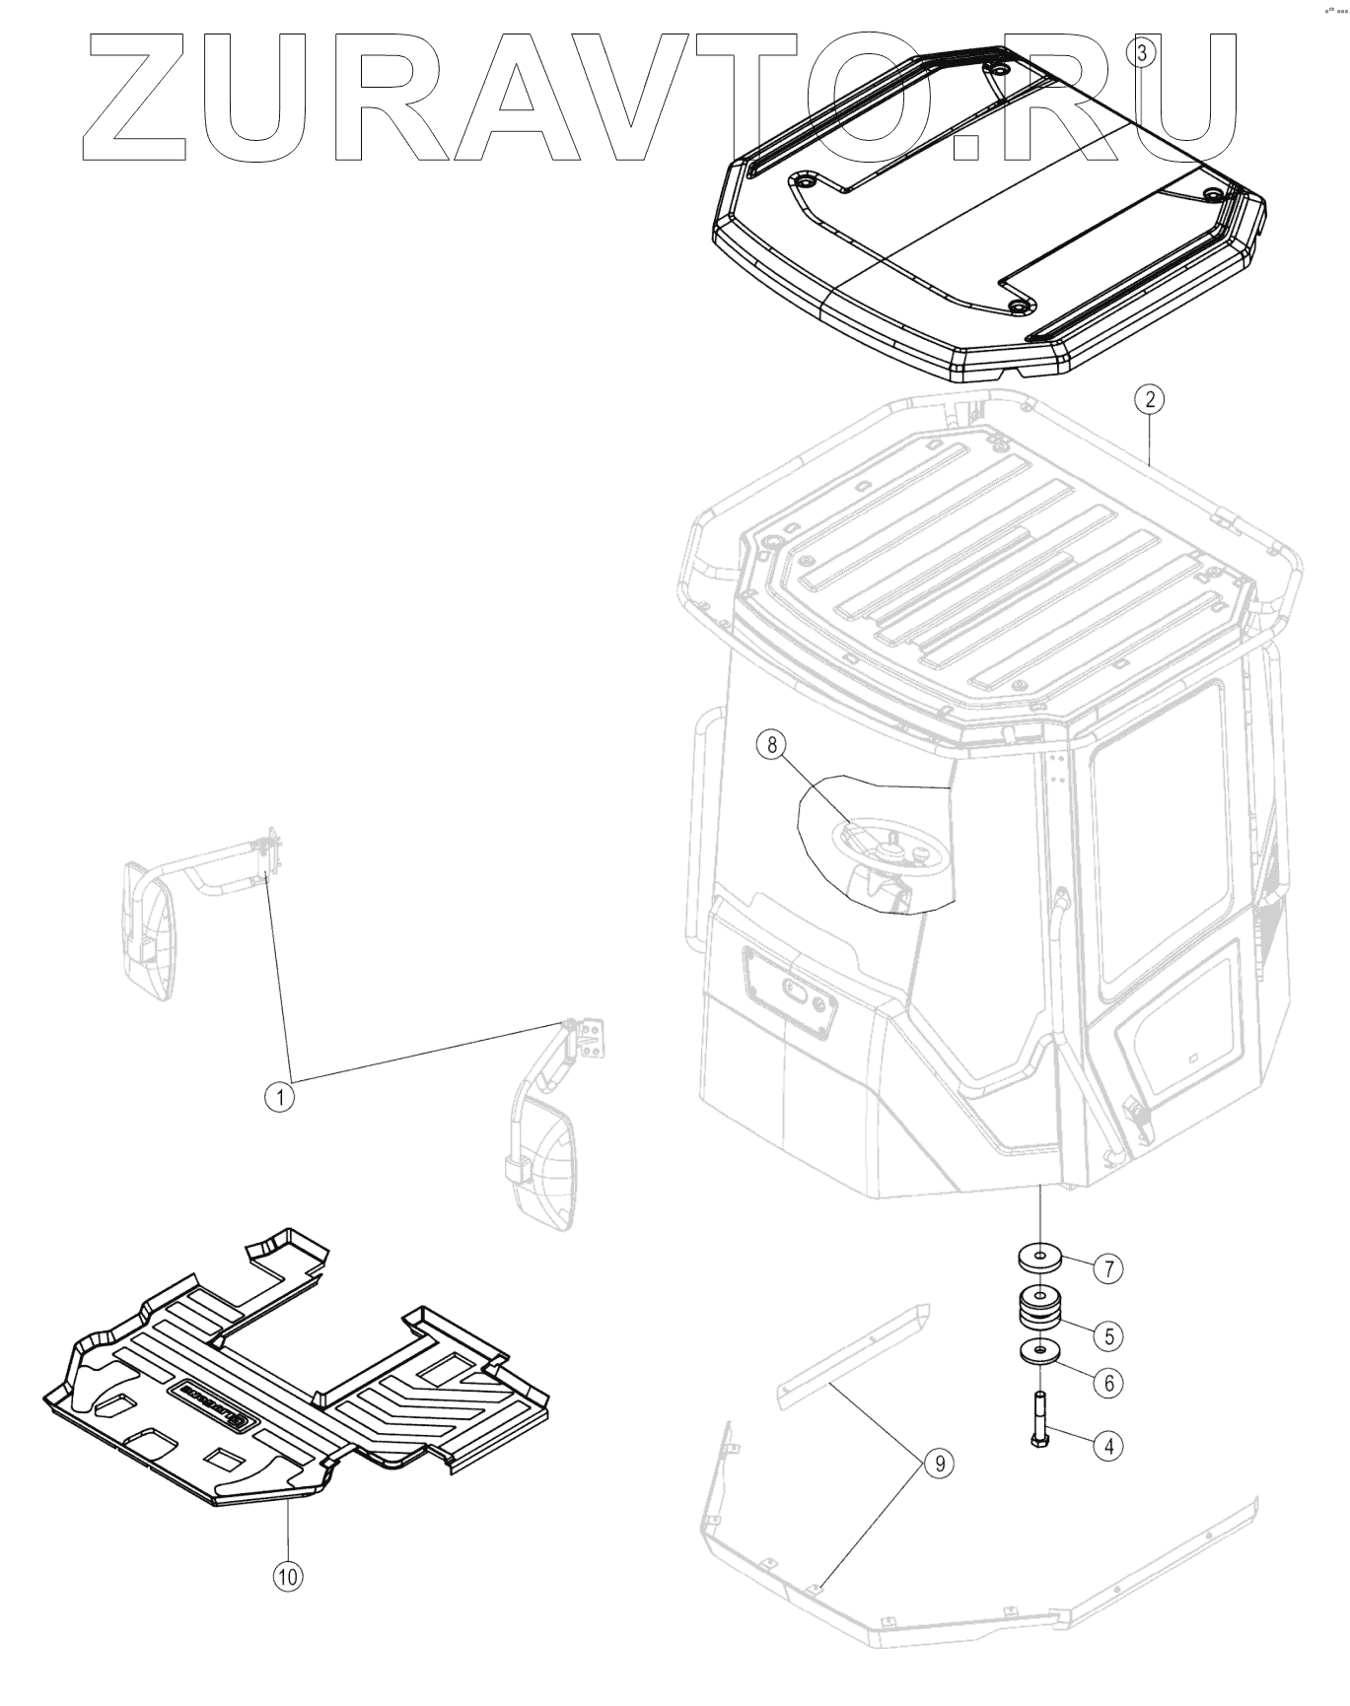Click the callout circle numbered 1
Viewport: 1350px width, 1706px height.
pos(281,1097)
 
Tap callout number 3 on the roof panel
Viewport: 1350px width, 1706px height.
pos(1142,52)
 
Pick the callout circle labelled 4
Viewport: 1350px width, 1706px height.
pos(1108,1446)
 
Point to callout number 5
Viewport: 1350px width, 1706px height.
pos(1108,1335)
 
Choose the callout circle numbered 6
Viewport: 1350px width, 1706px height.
pos(1108,1383)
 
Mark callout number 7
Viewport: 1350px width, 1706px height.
pos(1108,1268)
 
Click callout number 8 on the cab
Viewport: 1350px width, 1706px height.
pos(772,744)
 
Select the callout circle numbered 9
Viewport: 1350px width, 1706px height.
pos(939,1464)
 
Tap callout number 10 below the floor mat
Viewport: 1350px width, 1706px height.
pos(287,1576)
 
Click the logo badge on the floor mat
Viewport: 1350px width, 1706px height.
pos(213,1402)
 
